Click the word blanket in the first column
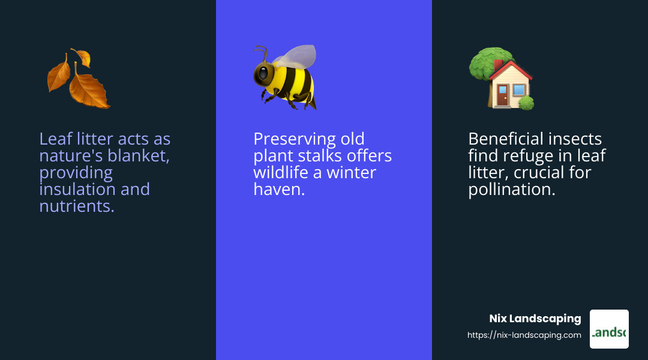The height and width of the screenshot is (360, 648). [139, 156]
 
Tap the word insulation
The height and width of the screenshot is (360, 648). [77, 189]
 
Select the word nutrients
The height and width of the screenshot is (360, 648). [76, 206]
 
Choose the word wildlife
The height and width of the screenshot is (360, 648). [281, 172]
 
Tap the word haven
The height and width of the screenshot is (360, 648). [279, 189]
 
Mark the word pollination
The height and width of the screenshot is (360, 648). [512, 190]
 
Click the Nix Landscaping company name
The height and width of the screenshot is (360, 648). [535, 318]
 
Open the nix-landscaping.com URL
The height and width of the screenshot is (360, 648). [524, 335]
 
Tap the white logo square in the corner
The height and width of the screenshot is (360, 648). [609, 329]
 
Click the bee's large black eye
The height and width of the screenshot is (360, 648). [263, 74]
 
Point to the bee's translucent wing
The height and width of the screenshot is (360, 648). [297, 56]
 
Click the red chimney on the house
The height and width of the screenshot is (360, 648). [499, 64]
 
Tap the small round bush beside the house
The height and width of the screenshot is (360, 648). [526, 103]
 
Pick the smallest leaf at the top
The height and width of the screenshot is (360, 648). [82, 57]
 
